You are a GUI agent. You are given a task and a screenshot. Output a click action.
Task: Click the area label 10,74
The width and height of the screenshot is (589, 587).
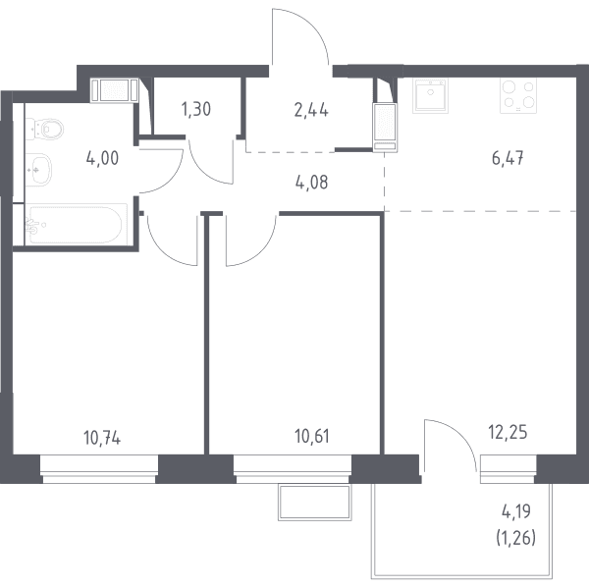click(102, 438)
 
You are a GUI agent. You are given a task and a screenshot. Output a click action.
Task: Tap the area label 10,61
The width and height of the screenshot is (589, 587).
click(312, 437)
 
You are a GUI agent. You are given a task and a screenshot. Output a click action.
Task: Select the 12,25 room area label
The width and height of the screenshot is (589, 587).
click(508, 432)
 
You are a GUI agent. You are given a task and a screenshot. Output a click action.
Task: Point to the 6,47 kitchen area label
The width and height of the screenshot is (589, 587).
click(508, 158)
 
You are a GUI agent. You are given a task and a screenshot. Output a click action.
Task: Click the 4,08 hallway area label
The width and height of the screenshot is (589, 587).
click(312, 183)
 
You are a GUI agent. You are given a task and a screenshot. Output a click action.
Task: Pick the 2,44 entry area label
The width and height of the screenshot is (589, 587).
click(311, 111)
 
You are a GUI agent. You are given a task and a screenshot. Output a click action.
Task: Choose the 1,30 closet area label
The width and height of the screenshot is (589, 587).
click(196, 109)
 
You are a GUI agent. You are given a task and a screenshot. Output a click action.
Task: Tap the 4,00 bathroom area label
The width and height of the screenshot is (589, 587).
click(102, 158)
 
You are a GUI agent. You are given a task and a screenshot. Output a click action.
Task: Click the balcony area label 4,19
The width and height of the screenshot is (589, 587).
click(516, 511)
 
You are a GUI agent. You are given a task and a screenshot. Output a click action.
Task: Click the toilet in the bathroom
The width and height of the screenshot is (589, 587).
click(44, 129)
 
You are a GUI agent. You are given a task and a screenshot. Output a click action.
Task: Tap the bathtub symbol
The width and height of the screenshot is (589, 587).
click(77, 224)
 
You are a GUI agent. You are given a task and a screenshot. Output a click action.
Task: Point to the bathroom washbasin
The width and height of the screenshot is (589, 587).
click(38, 170)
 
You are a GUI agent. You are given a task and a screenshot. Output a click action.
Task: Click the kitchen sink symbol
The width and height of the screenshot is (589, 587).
click(431, 95)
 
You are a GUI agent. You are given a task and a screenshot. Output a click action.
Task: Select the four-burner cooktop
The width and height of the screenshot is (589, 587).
click(518, 95)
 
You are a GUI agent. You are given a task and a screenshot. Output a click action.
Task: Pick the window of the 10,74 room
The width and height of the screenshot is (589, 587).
click(99, 469)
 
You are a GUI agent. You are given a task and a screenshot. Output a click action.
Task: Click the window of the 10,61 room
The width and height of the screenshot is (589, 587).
click(293, 469)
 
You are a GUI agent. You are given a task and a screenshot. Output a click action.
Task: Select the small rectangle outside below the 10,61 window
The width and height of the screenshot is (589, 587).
click(315, 503)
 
